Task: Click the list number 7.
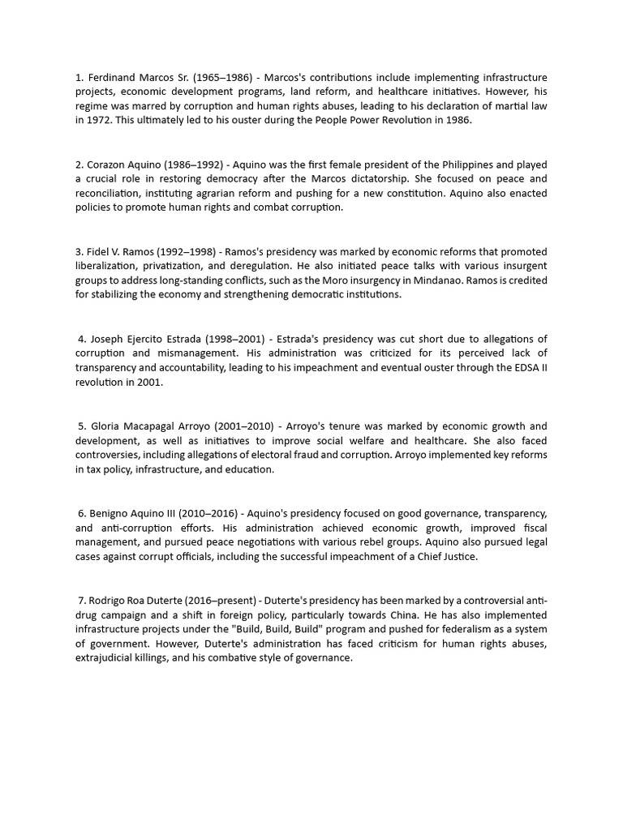point(82,601)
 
